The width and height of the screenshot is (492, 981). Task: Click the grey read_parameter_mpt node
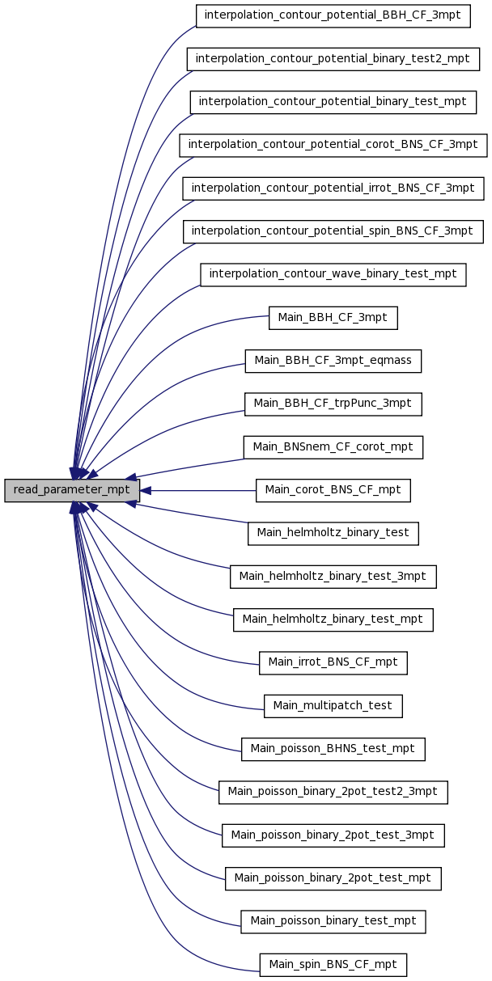(72, 490)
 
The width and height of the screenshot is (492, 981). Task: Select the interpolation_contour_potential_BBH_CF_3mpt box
(333, 16)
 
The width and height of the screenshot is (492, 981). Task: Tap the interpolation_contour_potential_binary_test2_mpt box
(333, 59)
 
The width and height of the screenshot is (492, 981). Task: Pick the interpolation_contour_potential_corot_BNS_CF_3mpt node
(333, 146)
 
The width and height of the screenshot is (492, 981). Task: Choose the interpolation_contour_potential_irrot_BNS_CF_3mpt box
(333, 188)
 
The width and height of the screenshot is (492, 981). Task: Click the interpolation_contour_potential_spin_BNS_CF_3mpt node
(333, 231)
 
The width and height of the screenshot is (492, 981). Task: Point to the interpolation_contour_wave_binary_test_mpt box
(333, 275)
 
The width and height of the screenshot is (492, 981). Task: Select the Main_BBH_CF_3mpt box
(333, 318)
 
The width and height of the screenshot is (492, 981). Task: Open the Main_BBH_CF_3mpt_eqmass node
(333, 362)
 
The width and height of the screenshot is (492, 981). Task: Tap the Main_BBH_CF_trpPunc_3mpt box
(333, 404)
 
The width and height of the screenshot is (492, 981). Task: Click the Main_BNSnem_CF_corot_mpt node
(333, 447)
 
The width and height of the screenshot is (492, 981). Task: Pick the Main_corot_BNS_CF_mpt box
(333, 490)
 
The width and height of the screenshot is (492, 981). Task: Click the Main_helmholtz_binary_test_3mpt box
(333, 577)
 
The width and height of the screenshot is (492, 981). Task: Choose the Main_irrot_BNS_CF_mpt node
(333, 663)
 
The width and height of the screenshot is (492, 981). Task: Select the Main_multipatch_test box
(333, 706)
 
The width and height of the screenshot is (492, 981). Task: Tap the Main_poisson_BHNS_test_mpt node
(333, 750)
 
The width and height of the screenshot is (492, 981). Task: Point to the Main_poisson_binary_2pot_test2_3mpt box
(333, 793)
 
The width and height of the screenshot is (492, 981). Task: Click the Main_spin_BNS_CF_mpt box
(333, 966)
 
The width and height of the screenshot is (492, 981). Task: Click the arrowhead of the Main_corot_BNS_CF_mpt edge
(146, 490)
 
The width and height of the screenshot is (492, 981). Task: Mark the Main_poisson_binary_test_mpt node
(333, 922)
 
